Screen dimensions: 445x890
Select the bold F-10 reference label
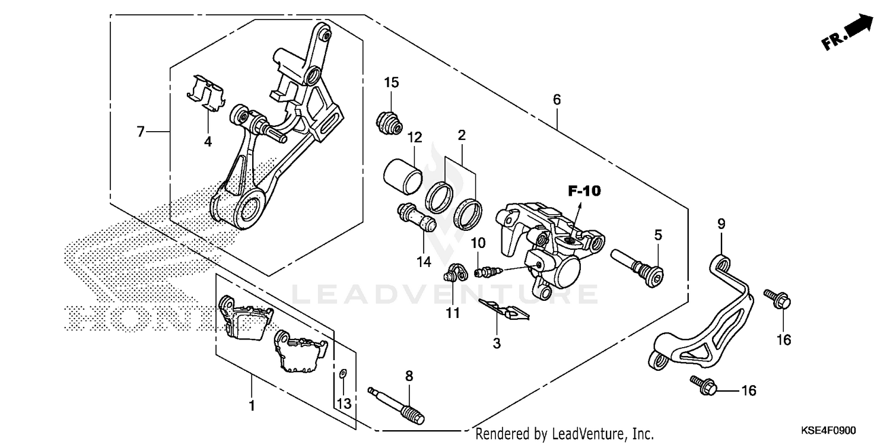click(584, 191)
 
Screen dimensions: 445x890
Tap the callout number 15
click(391, 82)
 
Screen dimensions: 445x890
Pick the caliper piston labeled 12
click(403, 176)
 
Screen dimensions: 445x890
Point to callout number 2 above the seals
click(462, 135)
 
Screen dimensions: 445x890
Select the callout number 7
click(141, 131)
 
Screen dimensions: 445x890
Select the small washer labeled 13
click(342, 374)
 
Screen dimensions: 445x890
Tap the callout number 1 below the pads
click(252, 406)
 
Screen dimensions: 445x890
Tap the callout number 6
click(557, 100)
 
